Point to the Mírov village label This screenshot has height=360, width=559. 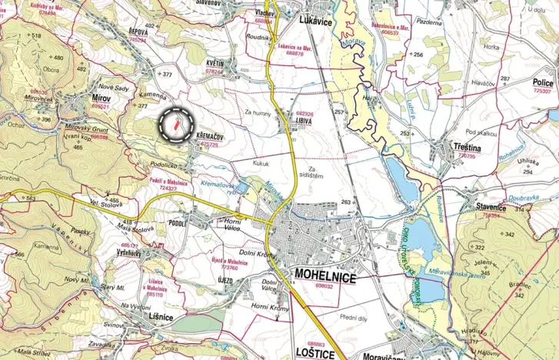point(100,99)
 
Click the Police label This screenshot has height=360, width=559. point(543,82)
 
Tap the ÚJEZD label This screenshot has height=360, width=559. point(224,279)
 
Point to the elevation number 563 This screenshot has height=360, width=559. point(32,198)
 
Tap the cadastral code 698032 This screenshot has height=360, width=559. point(321,286)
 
